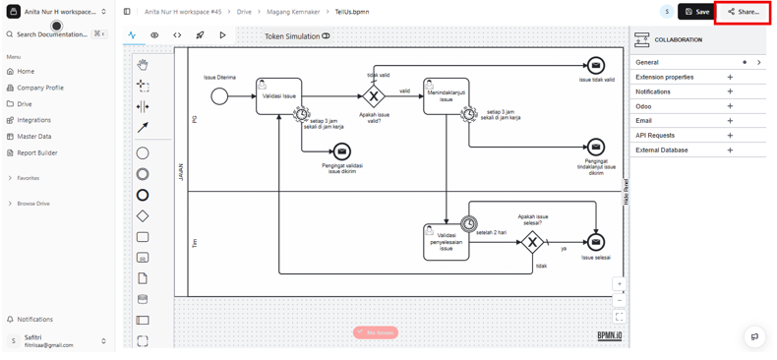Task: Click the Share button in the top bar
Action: (743, 12)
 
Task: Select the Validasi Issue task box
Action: (278, 96)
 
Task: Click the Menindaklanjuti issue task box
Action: (446, 96)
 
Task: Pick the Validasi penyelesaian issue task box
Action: (446, 242)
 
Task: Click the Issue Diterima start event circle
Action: (219, 96)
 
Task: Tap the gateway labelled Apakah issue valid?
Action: (374, 96)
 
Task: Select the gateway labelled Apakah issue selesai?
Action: (532, 242)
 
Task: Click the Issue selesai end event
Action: (596, 242)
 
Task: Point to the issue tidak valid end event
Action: (596, 66)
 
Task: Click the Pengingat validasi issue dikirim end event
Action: (341, 151)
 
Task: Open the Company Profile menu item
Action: (39, 88)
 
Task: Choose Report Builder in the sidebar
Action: (37, 153)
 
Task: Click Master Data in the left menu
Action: (33, 137)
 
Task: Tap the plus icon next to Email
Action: (730, 121)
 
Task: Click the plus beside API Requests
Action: (730, 136)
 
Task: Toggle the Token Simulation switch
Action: (326, 36)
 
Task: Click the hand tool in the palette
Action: (143, 65)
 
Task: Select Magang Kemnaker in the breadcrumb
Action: (293, 12)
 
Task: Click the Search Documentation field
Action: (51, 34)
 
